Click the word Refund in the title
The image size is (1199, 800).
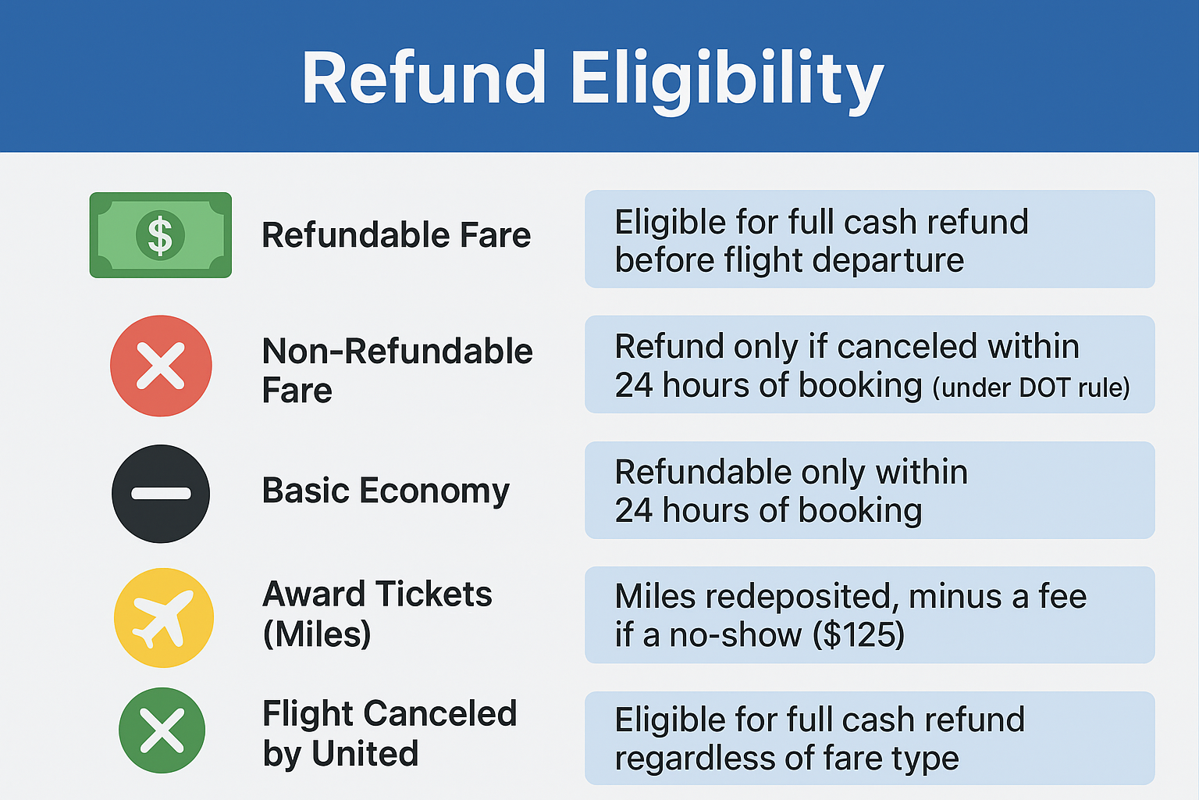point(424,77)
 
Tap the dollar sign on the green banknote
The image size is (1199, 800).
point(160,235)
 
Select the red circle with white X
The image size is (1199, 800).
point(161,366)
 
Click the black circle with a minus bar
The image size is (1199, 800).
point(161,494)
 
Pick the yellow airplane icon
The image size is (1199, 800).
point(164,617)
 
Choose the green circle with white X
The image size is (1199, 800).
point(162,730)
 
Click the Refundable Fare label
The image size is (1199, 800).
point(396,235)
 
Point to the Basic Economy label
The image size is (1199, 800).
point(386,491)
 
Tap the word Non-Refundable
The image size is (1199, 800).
point(397,352)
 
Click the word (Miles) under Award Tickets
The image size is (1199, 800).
point(317,634)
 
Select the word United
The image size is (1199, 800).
point(365,753)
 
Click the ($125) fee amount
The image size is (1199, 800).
point(859,635)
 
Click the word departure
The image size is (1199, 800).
point(888,261)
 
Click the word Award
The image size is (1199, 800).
point(314,595)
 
